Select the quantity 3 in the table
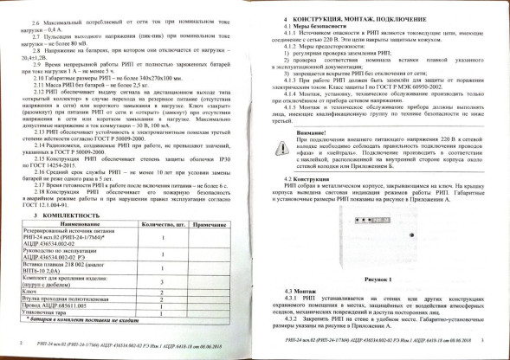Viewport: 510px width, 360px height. (x=161, y=282)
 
